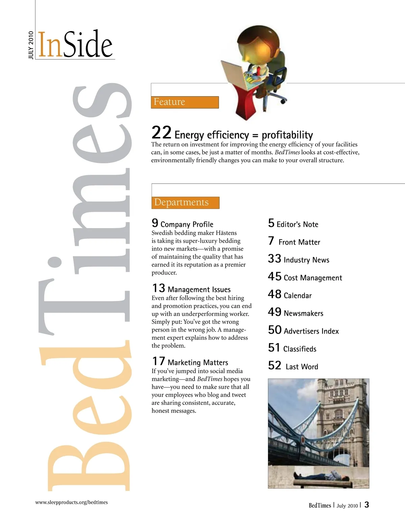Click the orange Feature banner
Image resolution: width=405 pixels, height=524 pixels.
point(185,102)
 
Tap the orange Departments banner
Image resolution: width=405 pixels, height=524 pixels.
point(185,202)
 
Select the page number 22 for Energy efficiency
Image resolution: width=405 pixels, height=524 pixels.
point(161,133)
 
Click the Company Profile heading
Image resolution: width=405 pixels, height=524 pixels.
point(187,224)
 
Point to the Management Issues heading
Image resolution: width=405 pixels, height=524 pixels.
point(199,289)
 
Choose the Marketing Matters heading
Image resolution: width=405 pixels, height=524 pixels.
point(198,362)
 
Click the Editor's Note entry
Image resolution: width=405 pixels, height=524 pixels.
point(297,224)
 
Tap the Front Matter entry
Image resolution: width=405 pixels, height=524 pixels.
point(299,242)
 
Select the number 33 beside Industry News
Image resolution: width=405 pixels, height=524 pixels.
point(274,259)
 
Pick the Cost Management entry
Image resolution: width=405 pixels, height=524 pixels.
point(313,278)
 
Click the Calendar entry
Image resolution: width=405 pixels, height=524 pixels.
point(297,296)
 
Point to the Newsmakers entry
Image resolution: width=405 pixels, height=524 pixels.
point(303,313)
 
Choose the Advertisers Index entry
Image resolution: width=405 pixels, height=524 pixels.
point(311,331)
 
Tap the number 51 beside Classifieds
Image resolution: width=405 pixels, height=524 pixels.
point(274,348)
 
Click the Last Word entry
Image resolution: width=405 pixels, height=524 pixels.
point(301,367)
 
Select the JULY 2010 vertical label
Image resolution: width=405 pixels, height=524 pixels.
point(31,45)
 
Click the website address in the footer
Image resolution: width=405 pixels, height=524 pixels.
point(72,502)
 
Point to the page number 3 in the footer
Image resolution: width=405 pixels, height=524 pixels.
point(367,505)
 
